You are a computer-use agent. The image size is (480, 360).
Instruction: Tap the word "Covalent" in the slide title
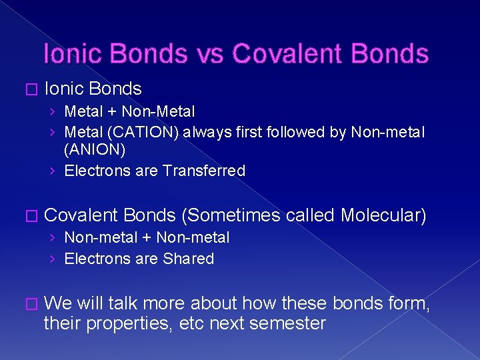[x=290, y=53]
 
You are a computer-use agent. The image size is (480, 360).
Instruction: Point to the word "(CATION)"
[x=141, y=132]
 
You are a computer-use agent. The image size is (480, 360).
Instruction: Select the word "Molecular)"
[x=383, y=215]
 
